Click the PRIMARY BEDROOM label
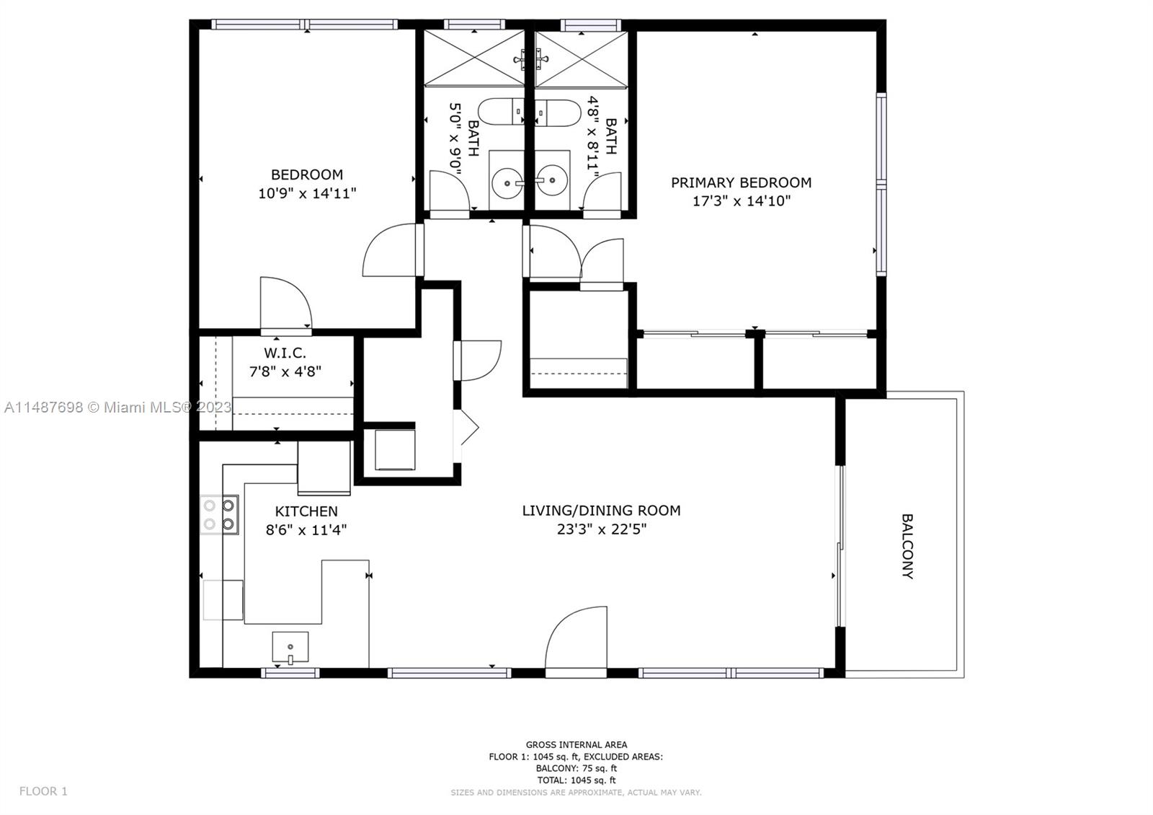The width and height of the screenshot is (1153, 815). [x=742, y=182]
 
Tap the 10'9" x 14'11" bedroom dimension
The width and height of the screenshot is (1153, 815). [x=307, y=193]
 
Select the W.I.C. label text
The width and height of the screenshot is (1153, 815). [x=285, y=353]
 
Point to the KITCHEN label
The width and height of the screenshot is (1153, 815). [x=306, y=511]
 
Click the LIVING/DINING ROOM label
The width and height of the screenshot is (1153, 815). [x=601, y=510]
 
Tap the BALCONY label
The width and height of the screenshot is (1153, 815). [x=907, y=546]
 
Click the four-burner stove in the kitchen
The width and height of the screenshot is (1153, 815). [x=219, y=515]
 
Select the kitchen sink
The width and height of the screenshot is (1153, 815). [x=290, y=647]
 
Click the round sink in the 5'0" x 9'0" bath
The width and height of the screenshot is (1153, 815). [x=507, y=182]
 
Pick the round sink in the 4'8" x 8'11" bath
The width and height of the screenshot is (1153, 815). [x=552, y=180]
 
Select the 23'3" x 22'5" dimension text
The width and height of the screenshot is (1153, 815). [x=601, y=529]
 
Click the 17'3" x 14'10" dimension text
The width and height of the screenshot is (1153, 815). [x=742, y=201]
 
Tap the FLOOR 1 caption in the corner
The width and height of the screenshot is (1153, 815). [x=43, y=791]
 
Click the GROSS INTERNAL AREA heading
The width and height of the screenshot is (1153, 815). [x=576, y=744]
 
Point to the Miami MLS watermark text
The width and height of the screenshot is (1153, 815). [x=118, y=407]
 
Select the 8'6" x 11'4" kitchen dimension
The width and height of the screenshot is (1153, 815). [x=306, y=529]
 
